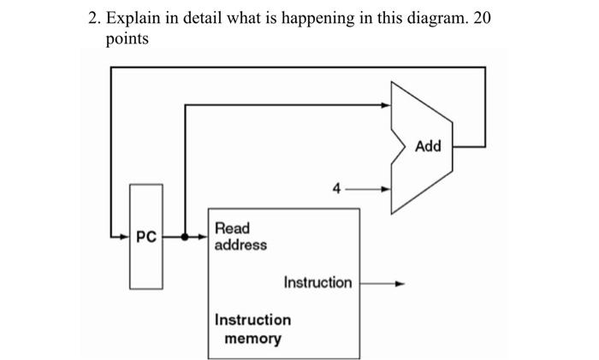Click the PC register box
click(x=146, y=236)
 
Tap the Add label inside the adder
click(x=428, y=146)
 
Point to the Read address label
click(x=240, y=237)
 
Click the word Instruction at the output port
click(x=317, y=282)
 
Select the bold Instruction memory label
click(x=252, y=329)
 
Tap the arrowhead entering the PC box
click(x=123, y=236)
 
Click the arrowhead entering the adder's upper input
click(x=386, y=105)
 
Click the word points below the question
click(x=128, y=39)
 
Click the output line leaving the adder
click(x=469, y=146)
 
